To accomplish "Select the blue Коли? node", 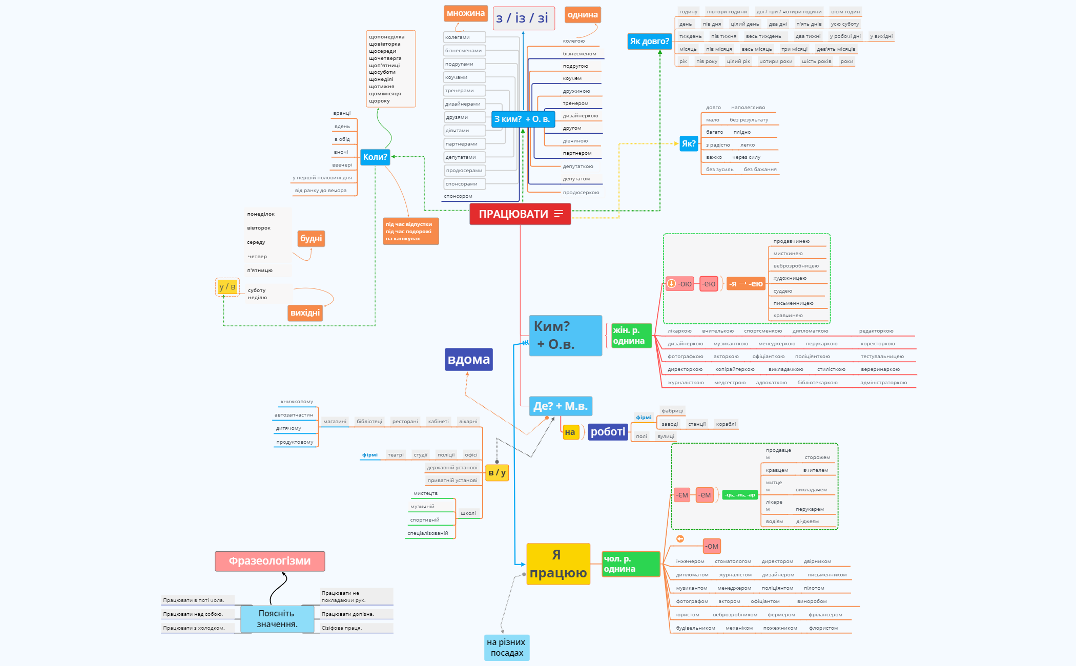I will coord(375,157).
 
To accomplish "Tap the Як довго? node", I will coord(649,41).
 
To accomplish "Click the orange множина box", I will coord(465,13).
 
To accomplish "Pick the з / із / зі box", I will coord(522,18).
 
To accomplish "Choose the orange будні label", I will coord(311,238).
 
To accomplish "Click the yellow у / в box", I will coord(227,287).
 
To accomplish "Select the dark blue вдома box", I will coord(468,359).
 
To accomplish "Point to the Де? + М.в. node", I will coord(560,406).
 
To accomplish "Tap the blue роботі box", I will coord(608,432).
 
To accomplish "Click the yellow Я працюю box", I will coord(558,564).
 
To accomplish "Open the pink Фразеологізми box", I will coord(270,561).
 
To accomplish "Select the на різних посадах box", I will coord(506,648).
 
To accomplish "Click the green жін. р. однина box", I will coord(631,336).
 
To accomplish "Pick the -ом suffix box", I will coord(712,546).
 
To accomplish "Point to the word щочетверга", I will coord(385,58).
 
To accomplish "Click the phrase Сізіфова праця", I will coord(342,628).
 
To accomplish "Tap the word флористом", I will coord(823,628).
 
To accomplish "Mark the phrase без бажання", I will coord(760,170).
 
